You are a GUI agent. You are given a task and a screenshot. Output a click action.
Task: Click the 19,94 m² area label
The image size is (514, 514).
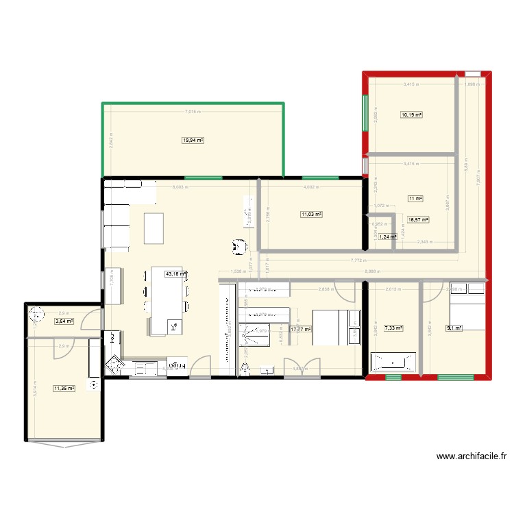tap(193, 140)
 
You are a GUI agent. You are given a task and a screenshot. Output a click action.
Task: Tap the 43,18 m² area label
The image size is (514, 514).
tap(176, 273)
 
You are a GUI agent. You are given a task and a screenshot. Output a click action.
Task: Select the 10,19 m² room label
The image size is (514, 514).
tap(411, 115)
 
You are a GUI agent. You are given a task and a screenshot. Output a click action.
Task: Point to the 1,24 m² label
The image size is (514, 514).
tap(388, 236)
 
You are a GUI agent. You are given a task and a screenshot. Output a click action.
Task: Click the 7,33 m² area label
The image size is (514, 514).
tap(393, 328)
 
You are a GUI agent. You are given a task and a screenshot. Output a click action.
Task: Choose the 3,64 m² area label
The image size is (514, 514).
tap(64, 321)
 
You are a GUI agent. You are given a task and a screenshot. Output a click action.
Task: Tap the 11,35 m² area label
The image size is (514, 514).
tap(64, 389)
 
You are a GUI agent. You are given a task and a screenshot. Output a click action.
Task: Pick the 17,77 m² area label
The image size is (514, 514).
tap(300, 329)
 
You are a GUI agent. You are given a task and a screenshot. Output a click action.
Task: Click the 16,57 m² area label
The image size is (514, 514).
tap(418, 220)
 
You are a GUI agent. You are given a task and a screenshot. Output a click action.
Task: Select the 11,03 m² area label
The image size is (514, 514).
tap(311, 215)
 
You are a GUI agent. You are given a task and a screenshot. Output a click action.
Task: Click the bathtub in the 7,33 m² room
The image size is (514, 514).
tap(393, 361)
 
